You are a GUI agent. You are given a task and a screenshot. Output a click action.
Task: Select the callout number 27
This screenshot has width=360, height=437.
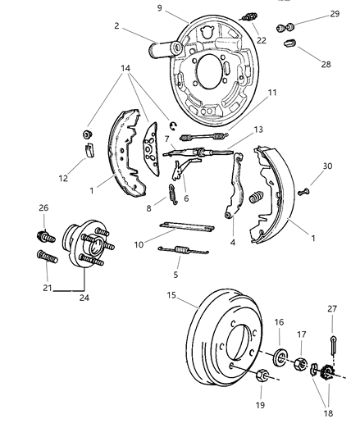pyautogui.click(x=331, y=309)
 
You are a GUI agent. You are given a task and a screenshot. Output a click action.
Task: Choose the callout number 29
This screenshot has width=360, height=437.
pyautogui.click(x=335, y=14)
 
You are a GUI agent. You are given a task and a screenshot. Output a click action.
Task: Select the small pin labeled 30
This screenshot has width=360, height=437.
pyautogui.click(x=304, y=192)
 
